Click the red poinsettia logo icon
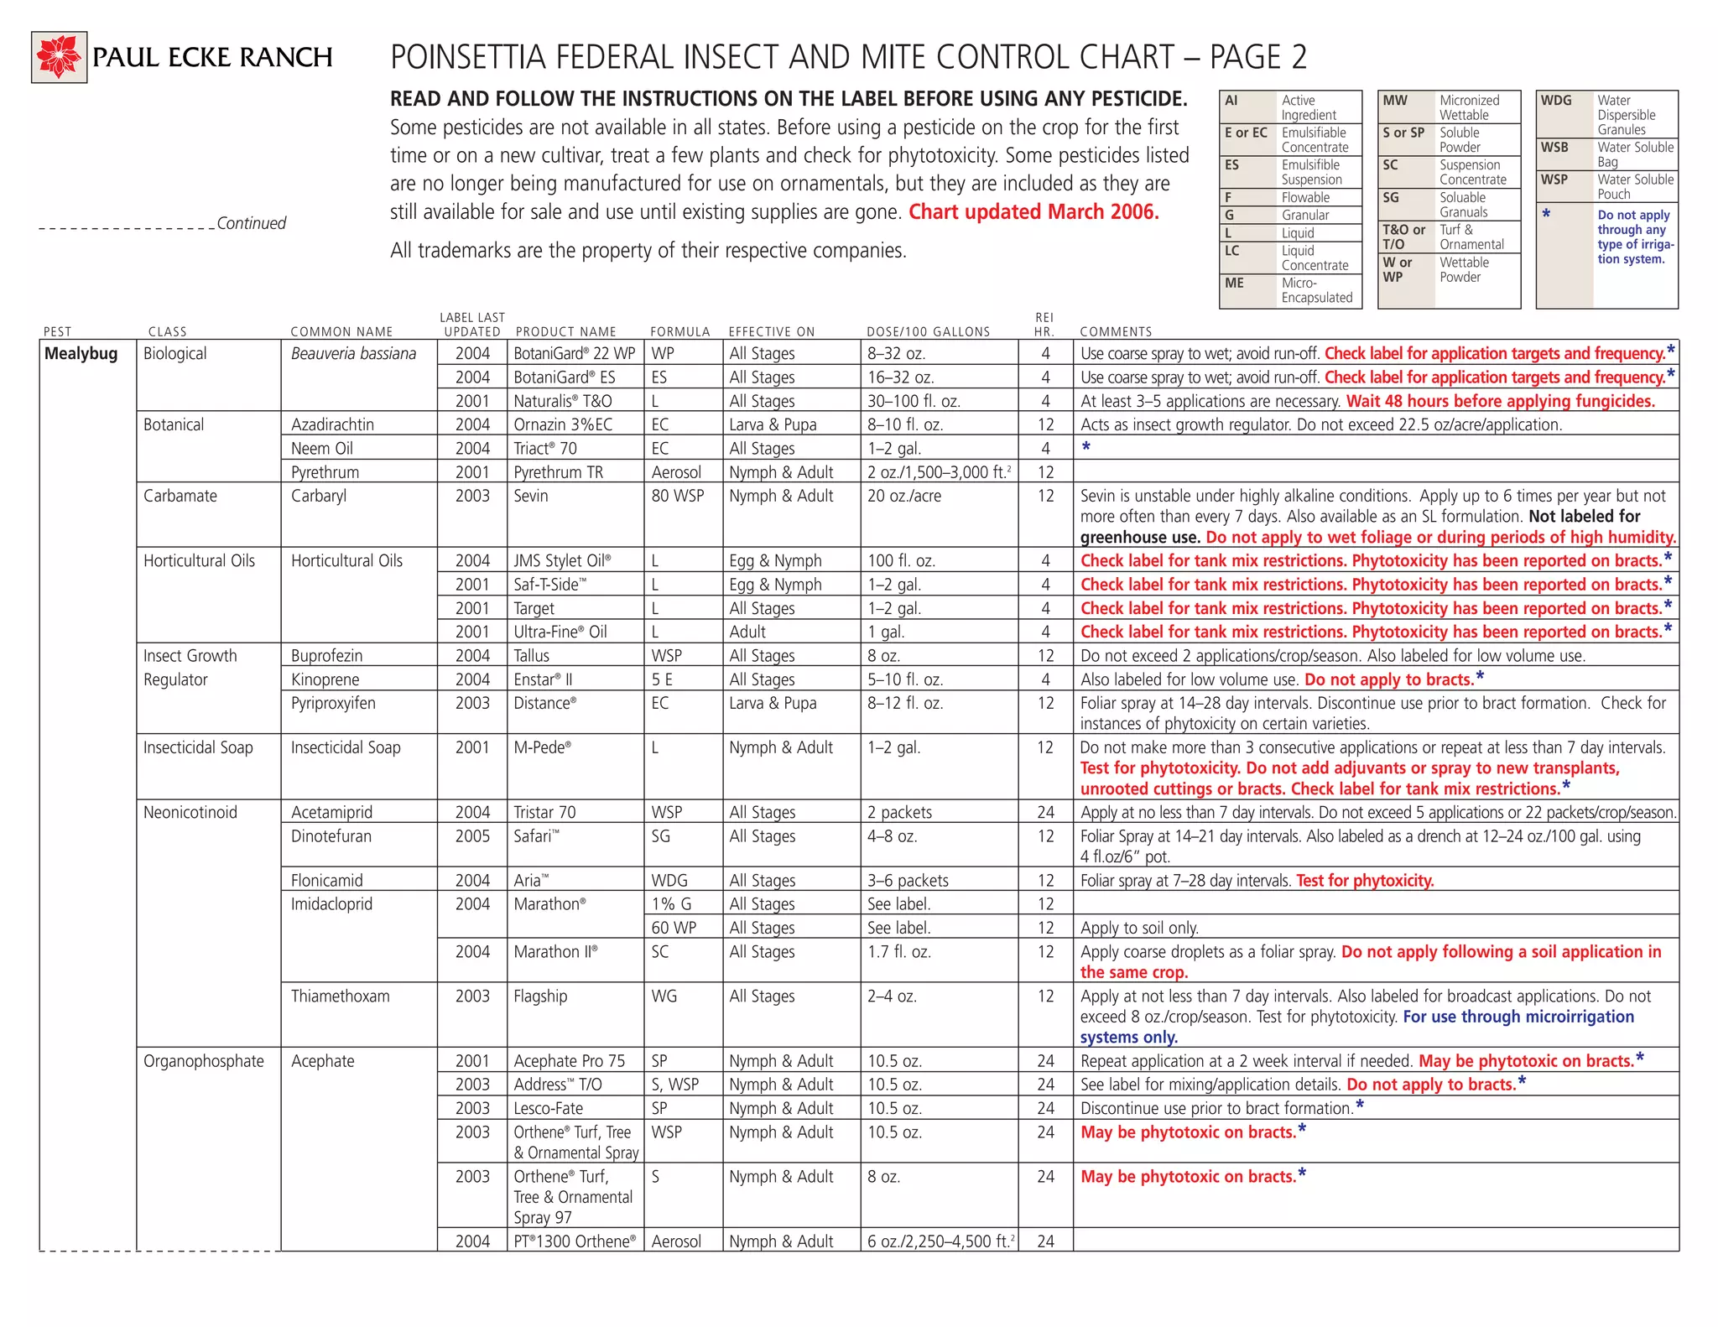[x=60, y=57]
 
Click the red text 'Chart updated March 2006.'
[x=1033, y=211]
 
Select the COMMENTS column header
[x=1116, y=331]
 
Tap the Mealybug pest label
[x=81, y=353]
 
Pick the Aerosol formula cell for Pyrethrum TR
[x=676, y=472]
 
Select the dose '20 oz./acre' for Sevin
[x=903, y=496]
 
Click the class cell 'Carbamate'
[x=180, y=496]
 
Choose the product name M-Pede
[x=542, y=747]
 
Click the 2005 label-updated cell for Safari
[x=472, y=835]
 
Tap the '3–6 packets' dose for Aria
[x=908, y=880]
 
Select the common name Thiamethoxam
[x=340, y=996]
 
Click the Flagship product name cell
[x=540, y=996]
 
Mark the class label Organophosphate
[x=203, y=1060]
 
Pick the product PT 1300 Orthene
[x=575, y=1241]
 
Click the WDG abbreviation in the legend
[x=1556, y=100]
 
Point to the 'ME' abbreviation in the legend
[x=1234, y=283]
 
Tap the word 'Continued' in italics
[x=251, y=223]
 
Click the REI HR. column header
[x=1044, y=325]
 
